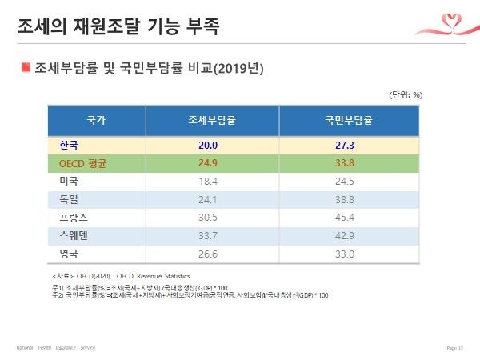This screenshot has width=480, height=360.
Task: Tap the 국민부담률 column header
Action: pyautogui.click(x=349, y=121)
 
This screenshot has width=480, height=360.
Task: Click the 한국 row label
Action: pyautogui.click(x=70, y=146)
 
